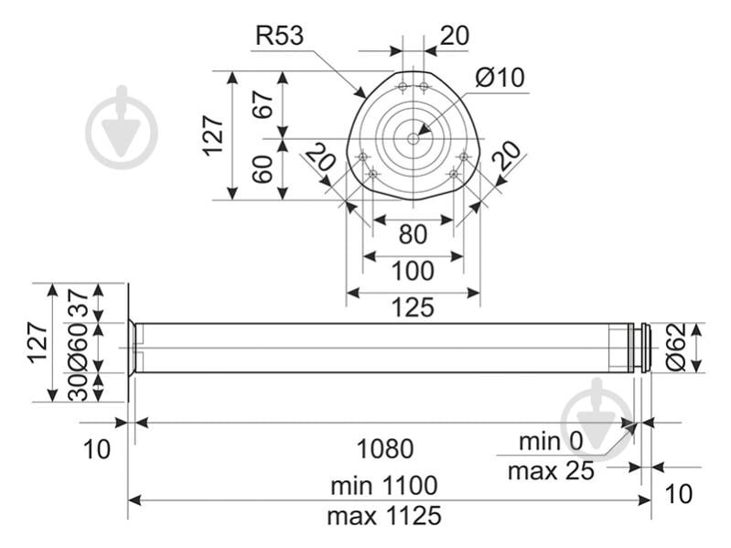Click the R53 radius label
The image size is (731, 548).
(x=279, y=36)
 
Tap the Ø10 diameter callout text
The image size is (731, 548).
(x=500, y=78)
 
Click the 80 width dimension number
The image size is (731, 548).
(x=413, y=234)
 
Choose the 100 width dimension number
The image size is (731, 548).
(x=413, y=271)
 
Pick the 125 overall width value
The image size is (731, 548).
(x=413, y=307)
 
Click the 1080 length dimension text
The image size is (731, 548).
(x=384, y=448)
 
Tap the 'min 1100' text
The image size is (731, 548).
(x=384, y=485)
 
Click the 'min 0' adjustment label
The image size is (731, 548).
(x=551, y=441)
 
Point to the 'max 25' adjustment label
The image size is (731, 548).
(x=551, y=471)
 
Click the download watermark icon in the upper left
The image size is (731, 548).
(x=122, y=128)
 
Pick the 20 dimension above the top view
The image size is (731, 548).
(x=454, y=36)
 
